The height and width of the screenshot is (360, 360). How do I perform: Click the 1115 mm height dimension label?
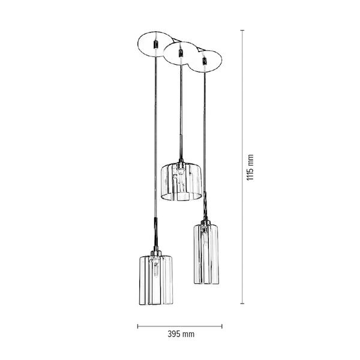[x=251, y=168]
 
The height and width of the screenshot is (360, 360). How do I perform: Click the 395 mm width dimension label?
[x=180, y=334]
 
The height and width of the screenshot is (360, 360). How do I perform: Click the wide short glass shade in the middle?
[x=181, y=181]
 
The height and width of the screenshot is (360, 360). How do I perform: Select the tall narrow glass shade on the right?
[x=206, y=254]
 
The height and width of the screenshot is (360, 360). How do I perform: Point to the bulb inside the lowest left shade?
[x=155, y=268]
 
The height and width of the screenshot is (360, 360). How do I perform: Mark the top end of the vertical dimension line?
[x=242, y=30]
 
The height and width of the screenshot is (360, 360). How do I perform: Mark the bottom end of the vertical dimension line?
[x=242, y=304]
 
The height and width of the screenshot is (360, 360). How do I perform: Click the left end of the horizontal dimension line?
[x=137, y=326]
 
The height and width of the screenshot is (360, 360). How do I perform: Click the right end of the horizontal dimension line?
[x=222, y=326]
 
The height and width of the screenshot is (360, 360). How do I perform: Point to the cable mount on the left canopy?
[x=155, y=44]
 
